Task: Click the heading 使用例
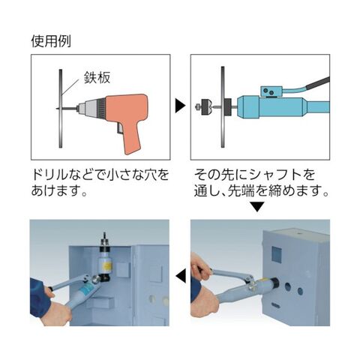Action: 51,41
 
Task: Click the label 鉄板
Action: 97,77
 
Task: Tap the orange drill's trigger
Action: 119,128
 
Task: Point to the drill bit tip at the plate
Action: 57,108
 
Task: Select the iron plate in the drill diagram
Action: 61,108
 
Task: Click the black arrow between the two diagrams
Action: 180,106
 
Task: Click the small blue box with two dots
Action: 271,91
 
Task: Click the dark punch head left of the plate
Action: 205,107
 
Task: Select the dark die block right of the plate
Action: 228,107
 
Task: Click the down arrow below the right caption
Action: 257,207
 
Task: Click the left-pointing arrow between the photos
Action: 181,276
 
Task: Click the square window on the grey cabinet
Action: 277,254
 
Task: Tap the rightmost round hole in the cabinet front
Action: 300,291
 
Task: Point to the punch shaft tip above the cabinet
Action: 104,234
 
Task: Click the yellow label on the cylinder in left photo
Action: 106,265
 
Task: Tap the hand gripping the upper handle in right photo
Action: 201,266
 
